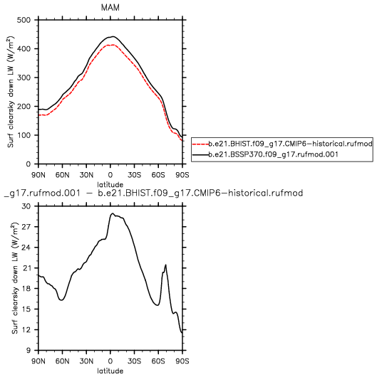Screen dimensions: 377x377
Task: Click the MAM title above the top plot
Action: pos(110,8)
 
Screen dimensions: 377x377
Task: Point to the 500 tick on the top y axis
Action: pos(24,20)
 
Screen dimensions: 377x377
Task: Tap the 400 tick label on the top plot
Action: pos(24,49)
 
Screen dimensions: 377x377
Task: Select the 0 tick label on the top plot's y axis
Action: pos(29,164)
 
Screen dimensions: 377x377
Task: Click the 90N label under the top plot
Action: pos(38,175)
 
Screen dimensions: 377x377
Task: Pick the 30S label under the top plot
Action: pos(134,175)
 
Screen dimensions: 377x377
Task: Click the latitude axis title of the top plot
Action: pos(110,185)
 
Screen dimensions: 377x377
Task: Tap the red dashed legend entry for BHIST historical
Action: pos(282,144)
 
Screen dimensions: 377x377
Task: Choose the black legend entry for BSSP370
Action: pos(265,154)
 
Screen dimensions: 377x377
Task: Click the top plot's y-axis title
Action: pos(11,92)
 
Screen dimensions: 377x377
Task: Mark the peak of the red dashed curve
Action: pos(113,45)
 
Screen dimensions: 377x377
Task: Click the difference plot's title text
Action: pos(153,193)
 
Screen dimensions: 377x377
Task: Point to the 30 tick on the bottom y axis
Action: pos(26,206)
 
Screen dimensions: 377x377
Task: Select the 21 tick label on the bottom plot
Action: pos(26,268)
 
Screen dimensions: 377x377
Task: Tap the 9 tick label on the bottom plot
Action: pos(29,350)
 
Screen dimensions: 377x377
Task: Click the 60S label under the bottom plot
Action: pos(158,361)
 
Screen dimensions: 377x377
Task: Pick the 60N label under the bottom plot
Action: pos(63,361)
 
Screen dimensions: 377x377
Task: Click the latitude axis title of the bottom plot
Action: pos(110,371)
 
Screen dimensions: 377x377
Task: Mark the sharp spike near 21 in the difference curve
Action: pos(165,265)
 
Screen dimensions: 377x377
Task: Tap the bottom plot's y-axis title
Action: pos(15,278)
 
